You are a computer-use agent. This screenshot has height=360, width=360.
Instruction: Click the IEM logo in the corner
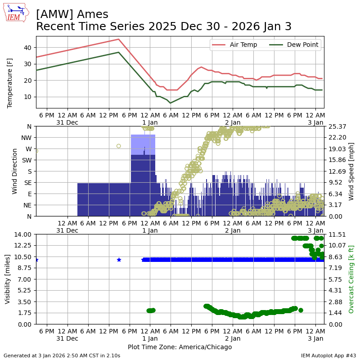click(16, 13)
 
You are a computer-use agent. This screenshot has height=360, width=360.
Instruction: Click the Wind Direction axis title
click(15, 171)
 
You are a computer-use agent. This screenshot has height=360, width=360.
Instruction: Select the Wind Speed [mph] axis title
click(351, 171)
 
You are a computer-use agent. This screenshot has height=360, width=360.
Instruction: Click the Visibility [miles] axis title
click(8, 279)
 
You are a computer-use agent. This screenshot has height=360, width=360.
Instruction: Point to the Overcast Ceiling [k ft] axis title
click(351, 279)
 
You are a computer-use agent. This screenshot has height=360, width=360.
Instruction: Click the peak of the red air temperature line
click(119, 39)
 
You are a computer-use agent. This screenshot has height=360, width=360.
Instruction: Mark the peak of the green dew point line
click(119, 52)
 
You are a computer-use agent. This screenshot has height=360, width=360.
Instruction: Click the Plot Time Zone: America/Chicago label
click(180, 347)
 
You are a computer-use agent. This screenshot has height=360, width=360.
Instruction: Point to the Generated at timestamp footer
click(62, 355)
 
